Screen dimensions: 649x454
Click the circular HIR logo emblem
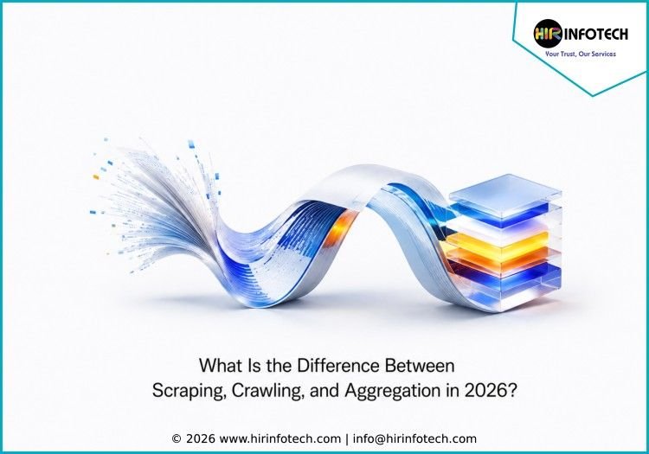point(547,34)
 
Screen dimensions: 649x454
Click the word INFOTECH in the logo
point(595,34)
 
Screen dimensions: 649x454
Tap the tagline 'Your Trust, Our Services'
point(581,54)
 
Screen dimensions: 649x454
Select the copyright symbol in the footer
point(177,438)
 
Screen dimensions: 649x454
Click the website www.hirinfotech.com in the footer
point(280,438)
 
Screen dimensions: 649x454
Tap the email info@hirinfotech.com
point(414,438)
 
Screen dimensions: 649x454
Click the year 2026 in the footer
point(201,438)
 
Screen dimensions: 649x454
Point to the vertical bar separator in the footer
point(347,439)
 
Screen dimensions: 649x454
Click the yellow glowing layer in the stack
point(498,241)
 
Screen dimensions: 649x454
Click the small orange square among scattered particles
point(96,177)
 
